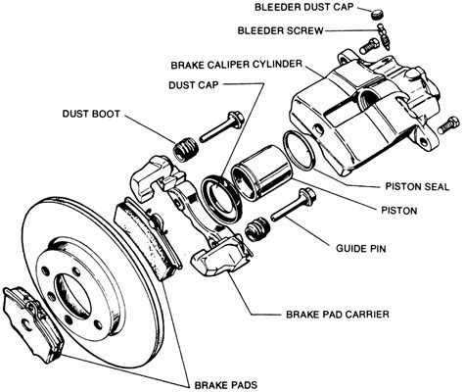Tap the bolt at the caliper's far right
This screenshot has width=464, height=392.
(x=450, y=125)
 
